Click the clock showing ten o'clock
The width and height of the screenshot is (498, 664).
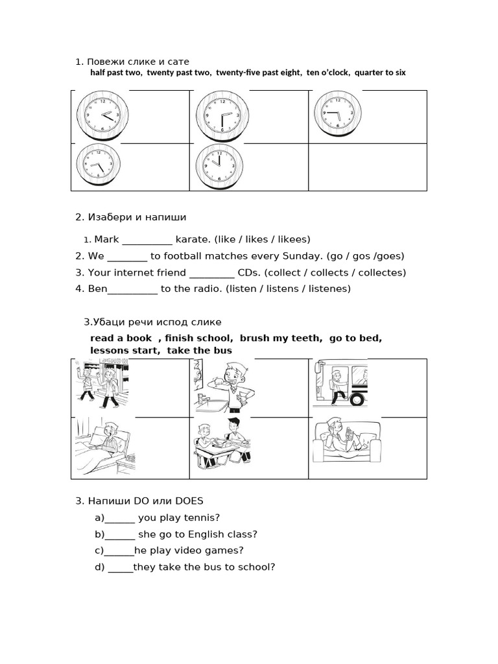pyautogui.click(x=219, y=165)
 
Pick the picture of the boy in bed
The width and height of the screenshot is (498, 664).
pyautogui.click(x=104, y=447)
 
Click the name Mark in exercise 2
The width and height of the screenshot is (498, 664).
pyautogui.click(x=106, y=239)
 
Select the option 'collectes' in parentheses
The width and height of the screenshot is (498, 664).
pyautogui.click(x=381, y=273)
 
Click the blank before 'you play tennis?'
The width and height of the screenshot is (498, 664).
pyautogui.click(x=119, y=518)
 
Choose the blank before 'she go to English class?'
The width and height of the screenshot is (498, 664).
pyautogui.click(x=119, y=535)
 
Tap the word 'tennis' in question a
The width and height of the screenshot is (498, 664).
pyautogui.click(x=200, y=518)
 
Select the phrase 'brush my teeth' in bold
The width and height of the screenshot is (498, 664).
pyautogui.click(x=280, y=338)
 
